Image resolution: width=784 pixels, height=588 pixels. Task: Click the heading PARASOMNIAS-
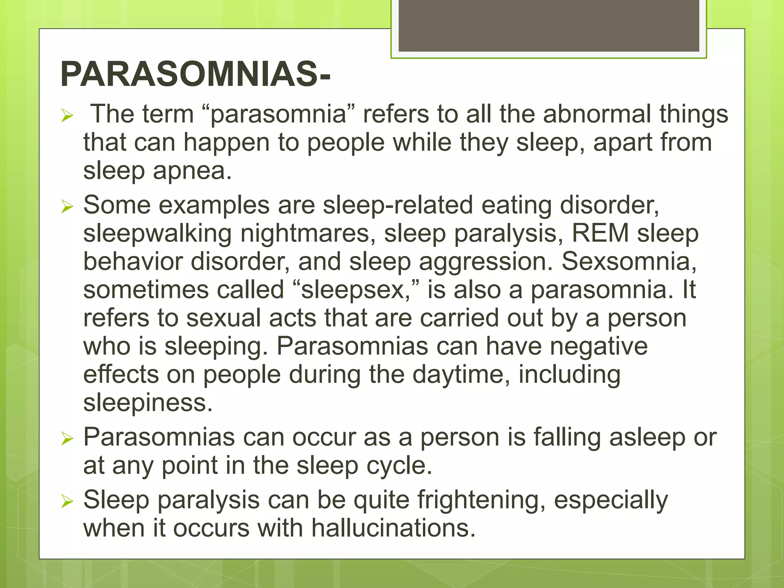[x=195, y=74]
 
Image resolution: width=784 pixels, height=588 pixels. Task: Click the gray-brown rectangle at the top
[x=549, y=26]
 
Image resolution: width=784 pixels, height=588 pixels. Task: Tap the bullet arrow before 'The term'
[x=67, y=116]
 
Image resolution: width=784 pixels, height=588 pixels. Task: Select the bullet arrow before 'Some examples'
[x=67, y=207]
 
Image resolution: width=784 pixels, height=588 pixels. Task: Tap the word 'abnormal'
[x=597, y=114]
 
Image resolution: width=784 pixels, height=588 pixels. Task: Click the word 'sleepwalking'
[x=157, y=234]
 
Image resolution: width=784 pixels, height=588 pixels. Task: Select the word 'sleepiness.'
[x=148, y=403]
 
